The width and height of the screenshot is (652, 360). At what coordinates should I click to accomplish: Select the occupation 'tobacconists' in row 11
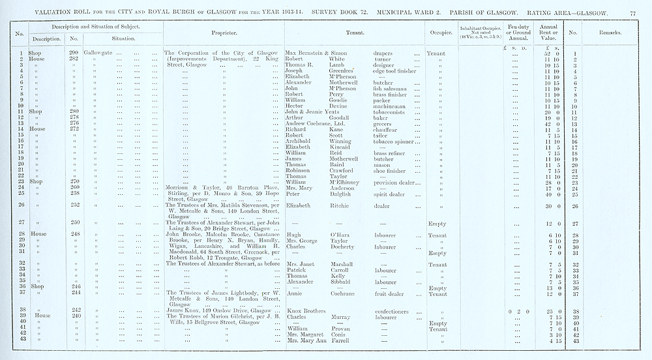point(391,112)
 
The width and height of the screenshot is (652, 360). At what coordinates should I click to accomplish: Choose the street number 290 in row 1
point(74,52)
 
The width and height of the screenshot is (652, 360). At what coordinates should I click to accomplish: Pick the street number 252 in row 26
point(74,206)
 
